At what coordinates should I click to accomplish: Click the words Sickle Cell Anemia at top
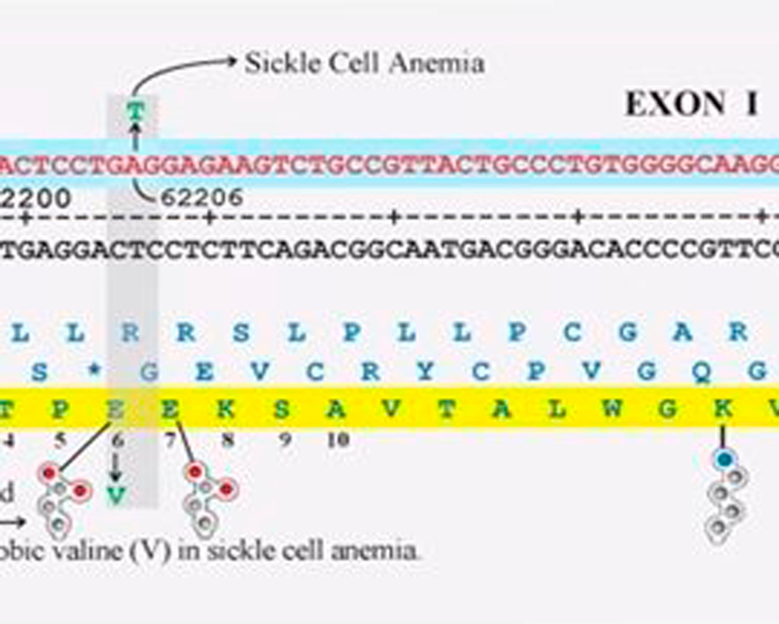tap(364, 64)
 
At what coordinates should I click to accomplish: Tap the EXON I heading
tap(691, 104)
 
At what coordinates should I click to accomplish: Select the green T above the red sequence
tap(136, 111)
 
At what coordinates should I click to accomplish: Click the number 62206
tap(202, 198)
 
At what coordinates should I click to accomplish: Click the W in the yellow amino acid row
tap(612, 408)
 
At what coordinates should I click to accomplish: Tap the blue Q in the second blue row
tap(701, 371)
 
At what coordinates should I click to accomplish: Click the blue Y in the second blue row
tap(425, 371)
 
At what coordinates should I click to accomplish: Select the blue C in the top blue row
tap(573, 332)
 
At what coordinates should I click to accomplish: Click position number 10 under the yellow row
tap(338, 441)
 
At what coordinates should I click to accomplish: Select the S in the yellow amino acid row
tap(281, 408)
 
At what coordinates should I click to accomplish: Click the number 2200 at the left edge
tap(35, 198)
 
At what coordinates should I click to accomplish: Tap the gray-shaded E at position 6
tap(116, 408)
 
